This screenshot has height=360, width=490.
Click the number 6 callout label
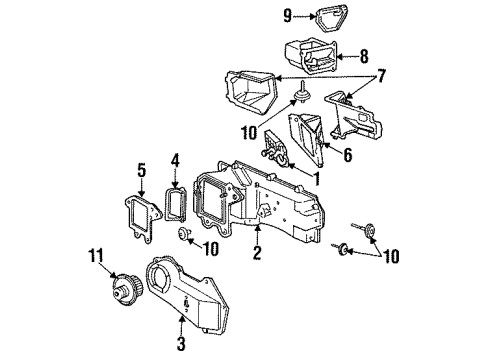pos(348,155)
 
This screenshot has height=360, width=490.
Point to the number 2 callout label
pos(257,254)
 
